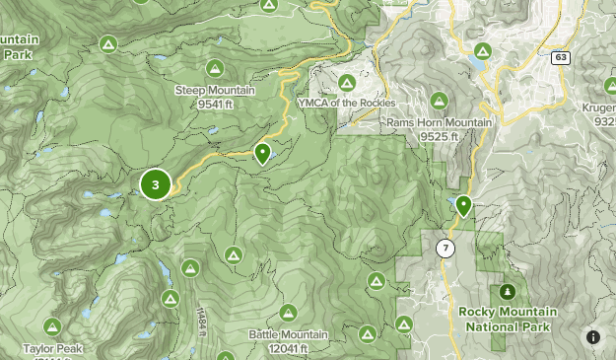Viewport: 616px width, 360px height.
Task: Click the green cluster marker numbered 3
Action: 156,183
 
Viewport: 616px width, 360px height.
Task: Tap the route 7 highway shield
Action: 446,248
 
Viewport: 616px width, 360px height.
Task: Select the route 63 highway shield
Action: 559,57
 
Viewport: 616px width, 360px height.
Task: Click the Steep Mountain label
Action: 215,91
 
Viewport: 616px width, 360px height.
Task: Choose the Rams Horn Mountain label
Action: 438,122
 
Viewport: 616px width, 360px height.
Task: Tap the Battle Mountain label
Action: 286,335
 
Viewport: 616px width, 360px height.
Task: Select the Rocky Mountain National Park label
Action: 508,319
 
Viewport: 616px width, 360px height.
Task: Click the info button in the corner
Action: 593,337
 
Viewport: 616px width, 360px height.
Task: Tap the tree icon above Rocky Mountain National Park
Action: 508,292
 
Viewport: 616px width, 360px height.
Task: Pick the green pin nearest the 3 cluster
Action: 262,153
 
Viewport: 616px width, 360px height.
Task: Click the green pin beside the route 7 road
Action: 462,205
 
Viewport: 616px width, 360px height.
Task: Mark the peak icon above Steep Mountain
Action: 215,68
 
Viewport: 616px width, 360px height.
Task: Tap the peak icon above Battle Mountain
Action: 287,313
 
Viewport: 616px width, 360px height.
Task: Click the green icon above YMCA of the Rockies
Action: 347,83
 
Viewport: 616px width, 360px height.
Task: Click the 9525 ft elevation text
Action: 440,135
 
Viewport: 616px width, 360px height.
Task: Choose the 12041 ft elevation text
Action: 286,348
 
